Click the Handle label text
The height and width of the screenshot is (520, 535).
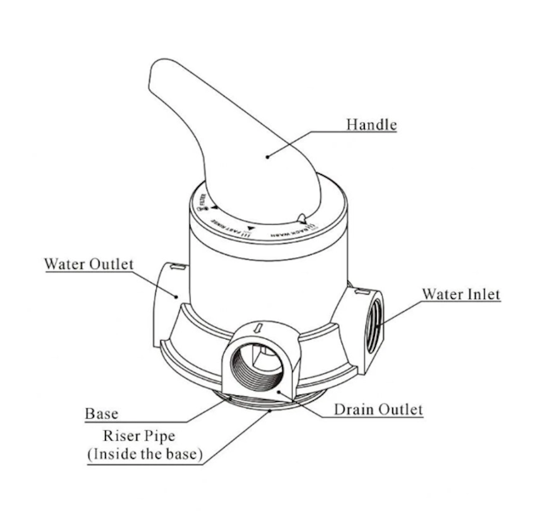click(371, 124)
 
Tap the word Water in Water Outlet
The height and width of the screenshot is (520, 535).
click(65, 263)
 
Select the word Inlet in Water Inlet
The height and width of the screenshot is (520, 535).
click(483, 293)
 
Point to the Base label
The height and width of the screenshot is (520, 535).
click(101, 413)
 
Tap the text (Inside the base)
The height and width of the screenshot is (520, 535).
click(144, 454)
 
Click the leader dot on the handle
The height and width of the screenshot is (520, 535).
click(267, 157)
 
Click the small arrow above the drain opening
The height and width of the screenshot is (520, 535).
click(257, 329)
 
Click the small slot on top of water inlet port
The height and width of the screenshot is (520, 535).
click(360, 291)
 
